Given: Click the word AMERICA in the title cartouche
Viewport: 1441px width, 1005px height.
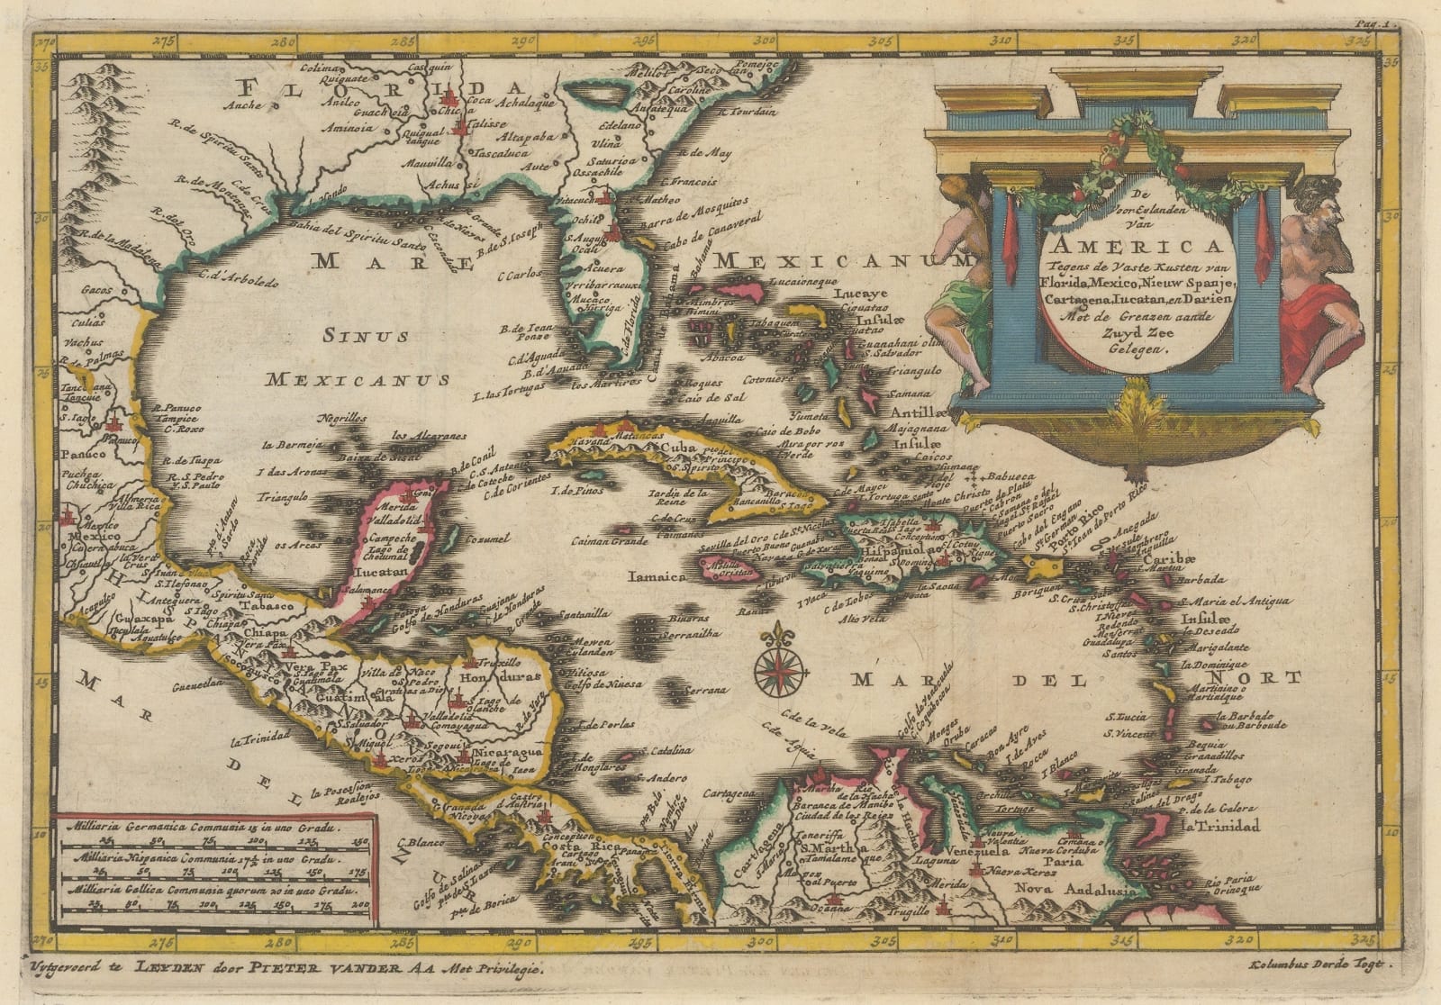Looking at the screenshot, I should pos(1134,247).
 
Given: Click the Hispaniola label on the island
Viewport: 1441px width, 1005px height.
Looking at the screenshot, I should pos(886,548).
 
